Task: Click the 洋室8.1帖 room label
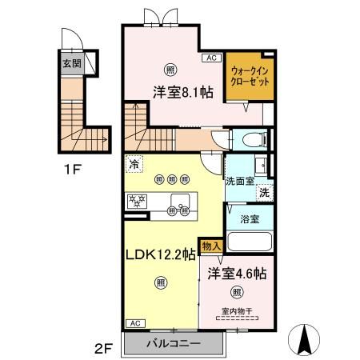183,93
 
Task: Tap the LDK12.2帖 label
161,255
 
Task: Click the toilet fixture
250,138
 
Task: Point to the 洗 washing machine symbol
263,192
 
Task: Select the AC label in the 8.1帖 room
212,58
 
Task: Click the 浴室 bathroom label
248,217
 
